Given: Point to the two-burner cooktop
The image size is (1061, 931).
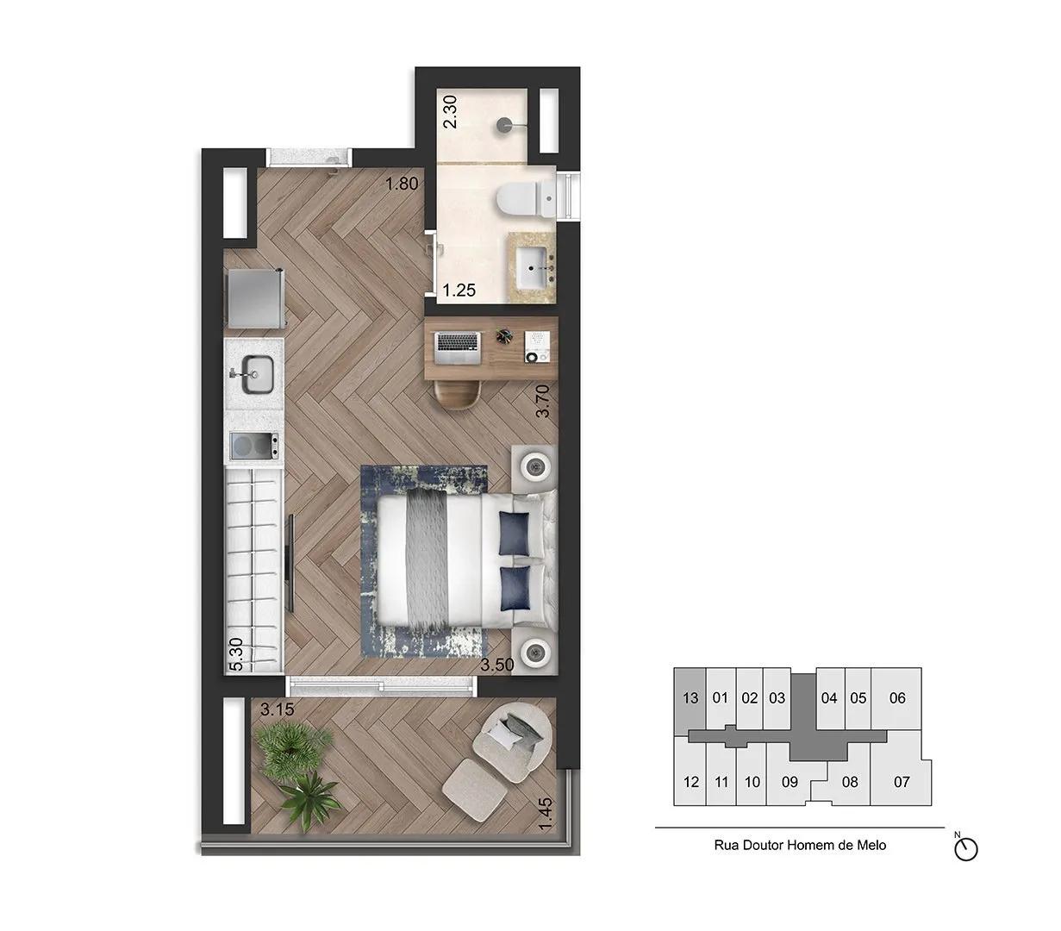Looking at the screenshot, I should [254, 447].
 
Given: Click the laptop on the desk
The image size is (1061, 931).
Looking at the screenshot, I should [458, 346].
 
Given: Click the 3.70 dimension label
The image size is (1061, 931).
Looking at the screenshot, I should [542, 402].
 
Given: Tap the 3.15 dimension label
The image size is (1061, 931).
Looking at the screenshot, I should [278, 710].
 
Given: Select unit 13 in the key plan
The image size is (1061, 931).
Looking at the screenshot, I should [689, 698].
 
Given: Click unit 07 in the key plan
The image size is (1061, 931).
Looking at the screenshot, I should [902, 783].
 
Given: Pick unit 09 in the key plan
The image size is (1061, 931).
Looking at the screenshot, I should [789, 783].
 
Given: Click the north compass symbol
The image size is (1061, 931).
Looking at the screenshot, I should [966, 849].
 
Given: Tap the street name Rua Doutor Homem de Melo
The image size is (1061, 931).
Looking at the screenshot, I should [800, 846].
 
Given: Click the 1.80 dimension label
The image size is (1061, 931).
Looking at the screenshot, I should [402, 184].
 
